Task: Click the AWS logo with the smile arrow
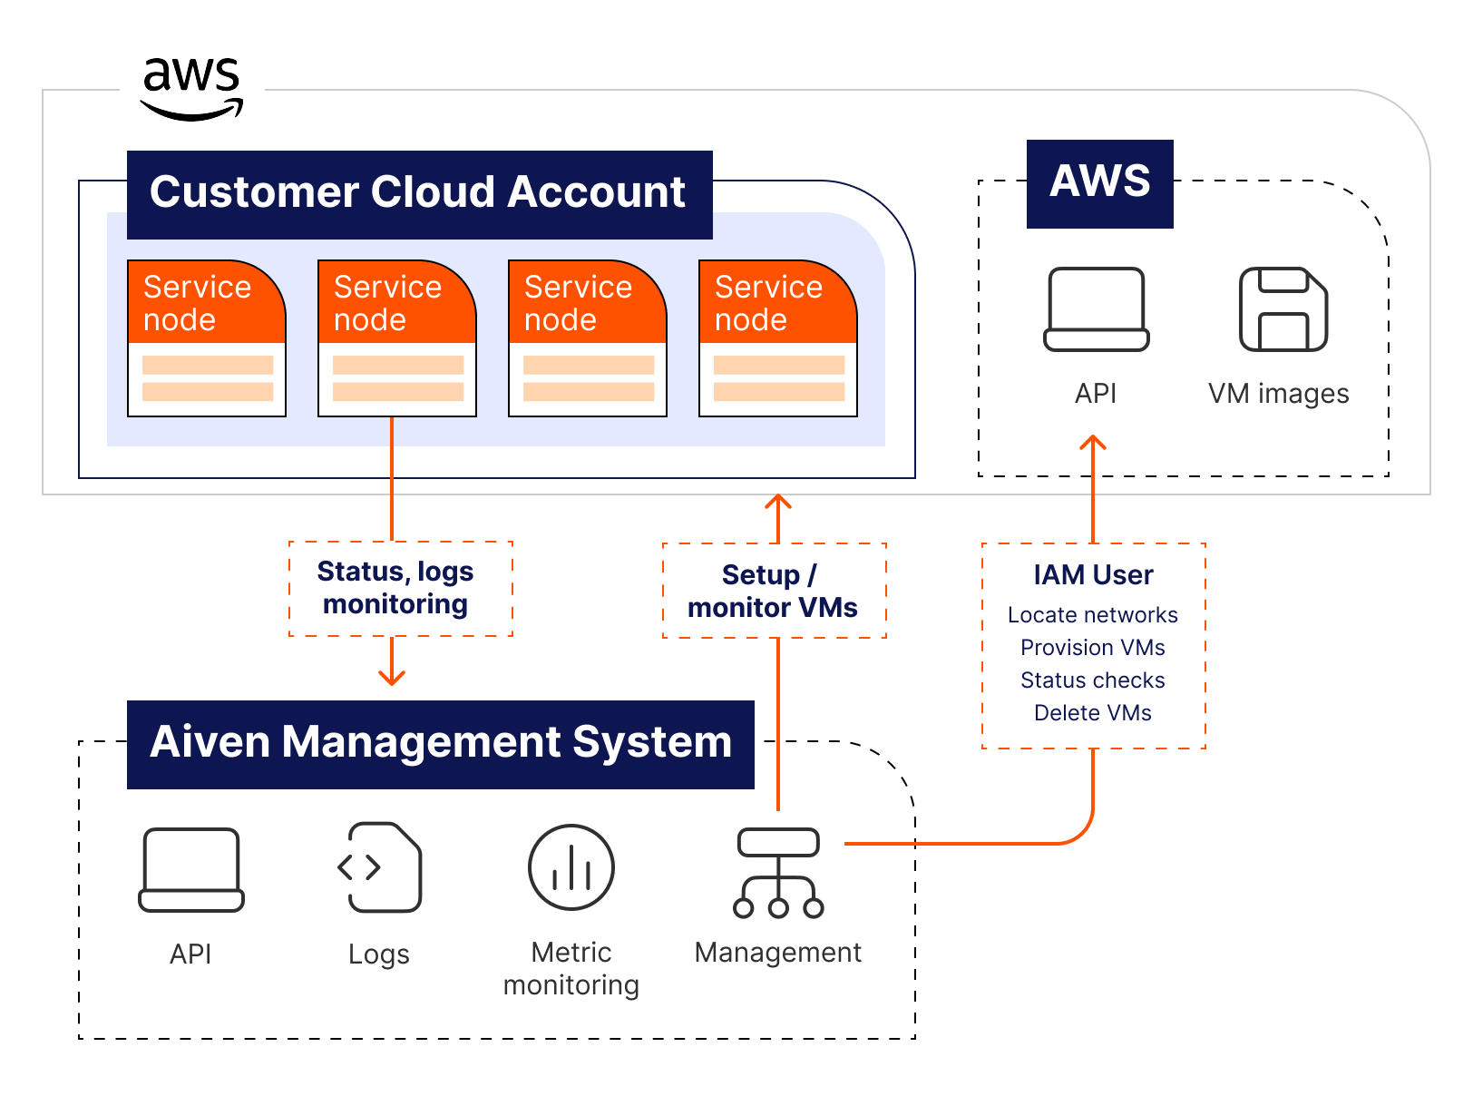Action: coord(191,88)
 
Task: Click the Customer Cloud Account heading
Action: coord(418,194)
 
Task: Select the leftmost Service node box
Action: coord(207,338)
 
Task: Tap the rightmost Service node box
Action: coord(777,338)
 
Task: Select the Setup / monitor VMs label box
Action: coord(774,591)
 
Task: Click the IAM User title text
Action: coord(1093,575)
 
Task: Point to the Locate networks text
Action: coord(1093,615)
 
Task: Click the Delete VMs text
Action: coord(1093,713)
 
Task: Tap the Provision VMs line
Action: coord(1093,648)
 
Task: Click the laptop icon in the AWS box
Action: coord(1096,309)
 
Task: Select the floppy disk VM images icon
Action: coord(1283,309)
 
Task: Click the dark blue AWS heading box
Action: coord(1099,183)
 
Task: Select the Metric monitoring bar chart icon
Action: coord(571,867)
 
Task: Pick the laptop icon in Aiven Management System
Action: coord(191,869)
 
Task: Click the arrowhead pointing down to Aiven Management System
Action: coord(392,678)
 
